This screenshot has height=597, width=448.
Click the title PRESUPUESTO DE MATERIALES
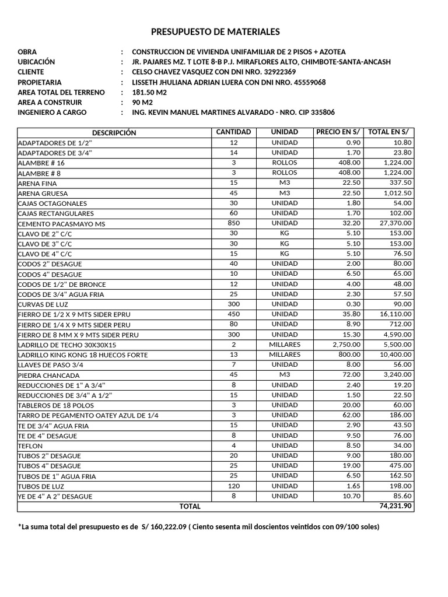(215, 31)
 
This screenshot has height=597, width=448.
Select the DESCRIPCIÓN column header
(114, 133)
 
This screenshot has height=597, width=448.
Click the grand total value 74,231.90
(395, 506)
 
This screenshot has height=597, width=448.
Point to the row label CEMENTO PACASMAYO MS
(62, 224)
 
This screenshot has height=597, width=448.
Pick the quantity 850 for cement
(234, 223)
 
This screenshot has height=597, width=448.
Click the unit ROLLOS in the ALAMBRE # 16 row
(284, 163)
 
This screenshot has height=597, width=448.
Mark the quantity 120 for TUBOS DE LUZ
(234, 486)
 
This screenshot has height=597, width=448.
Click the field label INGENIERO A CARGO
(52, 113)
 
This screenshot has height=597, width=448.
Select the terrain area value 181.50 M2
(149, 93)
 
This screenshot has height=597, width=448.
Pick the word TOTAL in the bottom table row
(190, 507)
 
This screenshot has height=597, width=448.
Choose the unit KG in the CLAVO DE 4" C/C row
(284, 254)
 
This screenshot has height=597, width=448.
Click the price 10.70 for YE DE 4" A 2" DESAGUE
(351, 496)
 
